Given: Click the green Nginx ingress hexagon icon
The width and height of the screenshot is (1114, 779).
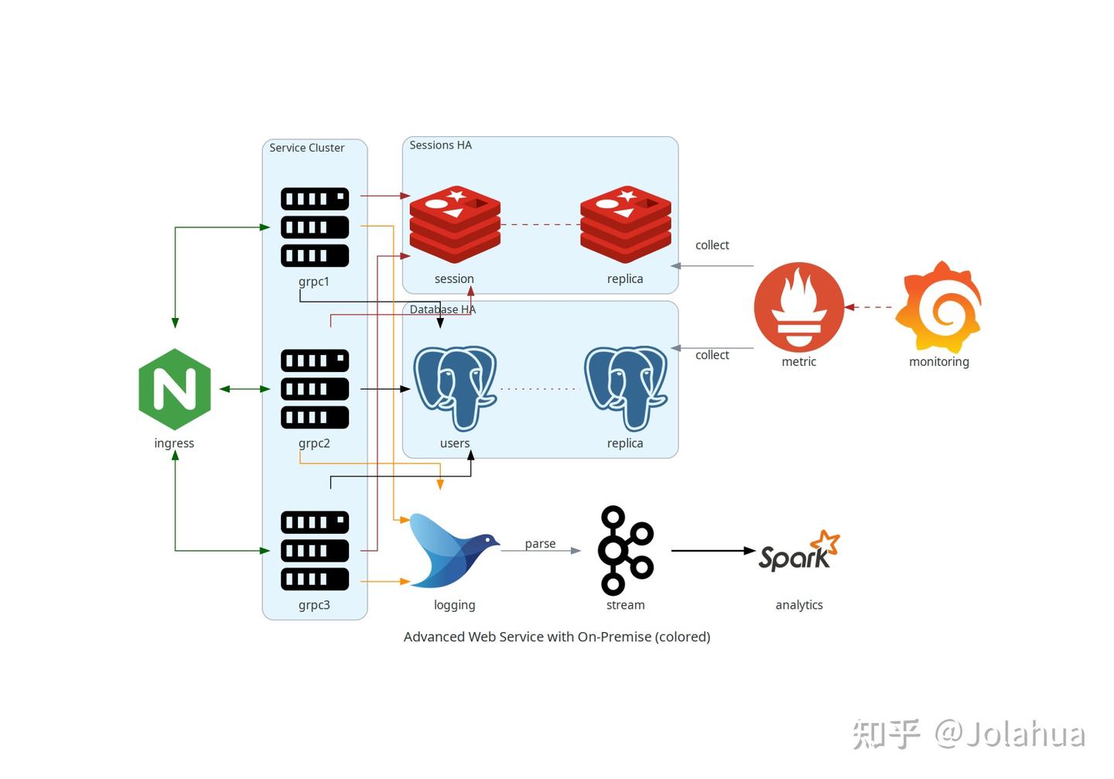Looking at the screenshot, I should (175, 389).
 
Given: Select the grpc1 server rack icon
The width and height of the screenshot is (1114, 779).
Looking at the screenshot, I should (314, 227).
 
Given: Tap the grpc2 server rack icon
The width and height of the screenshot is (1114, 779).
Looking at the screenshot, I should (314, 388).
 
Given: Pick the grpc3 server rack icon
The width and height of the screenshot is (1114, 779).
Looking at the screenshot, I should (314, 550).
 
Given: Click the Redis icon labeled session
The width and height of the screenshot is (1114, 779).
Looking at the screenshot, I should (455, 224).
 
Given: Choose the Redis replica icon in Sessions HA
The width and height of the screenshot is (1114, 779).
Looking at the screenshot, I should (625, 224).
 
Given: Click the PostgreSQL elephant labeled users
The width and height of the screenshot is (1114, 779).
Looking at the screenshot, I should (455, 388).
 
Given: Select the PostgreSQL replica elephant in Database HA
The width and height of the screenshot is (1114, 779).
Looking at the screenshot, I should (625, 388).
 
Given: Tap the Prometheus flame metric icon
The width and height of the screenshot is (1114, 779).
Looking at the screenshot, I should (798, 307).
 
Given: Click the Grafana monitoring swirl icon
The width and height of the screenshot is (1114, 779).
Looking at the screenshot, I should (938, 307).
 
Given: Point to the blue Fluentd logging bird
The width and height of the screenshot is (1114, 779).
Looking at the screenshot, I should (454, 550).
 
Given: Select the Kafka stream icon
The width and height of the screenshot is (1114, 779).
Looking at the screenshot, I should (625, 550).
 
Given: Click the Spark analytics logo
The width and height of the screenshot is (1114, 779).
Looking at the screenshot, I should (798, 552).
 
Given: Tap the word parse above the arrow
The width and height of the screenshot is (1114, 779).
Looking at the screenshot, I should (540, 544).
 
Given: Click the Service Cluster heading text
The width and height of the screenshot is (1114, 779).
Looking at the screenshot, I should (306, 148).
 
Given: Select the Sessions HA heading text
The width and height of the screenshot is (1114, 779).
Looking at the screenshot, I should (440, 145).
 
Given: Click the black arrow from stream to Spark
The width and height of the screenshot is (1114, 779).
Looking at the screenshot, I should (712, 551).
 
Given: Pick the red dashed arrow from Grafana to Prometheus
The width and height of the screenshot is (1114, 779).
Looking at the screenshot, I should (870, 307).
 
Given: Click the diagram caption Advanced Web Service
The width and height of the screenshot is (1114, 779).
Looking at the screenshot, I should (556, 637).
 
